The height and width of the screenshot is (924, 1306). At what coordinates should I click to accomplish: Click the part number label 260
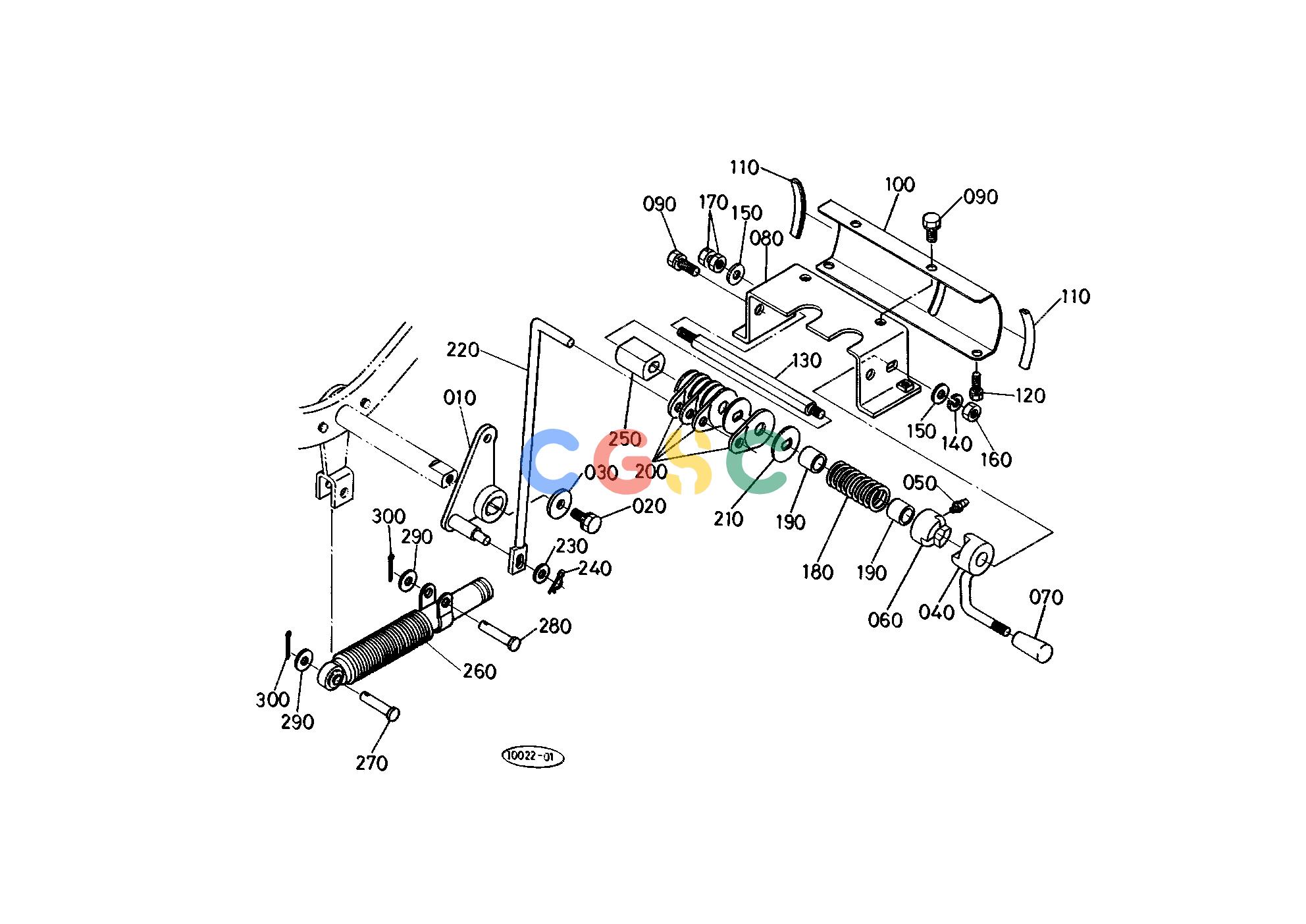479,671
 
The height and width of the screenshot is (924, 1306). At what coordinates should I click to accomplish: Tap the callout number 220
463,350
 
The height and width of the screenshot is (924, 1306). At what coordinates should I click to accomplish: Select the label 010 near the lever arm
459,398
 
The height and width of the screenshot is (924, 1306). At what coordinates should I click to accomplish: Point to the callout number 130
806,360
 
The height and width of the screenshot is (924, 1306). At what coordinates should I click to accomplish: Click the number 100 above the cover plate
899,184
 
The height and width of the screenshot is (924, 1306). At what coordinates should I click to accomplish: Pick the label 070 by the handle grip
1046,597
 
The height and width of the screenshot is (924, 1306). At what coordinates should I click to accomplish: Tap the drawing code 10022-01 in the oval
533,757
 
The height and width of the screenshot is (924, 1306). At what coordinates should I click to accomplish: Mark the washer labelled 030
560,504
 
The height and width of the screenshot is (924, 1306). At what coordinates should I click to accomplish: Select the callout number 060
885,620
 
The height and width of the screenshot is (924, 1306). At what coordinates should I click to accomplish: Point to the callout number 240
595,568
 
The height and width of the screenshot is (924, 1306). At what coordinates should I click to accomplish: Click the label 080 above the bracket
767,238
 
